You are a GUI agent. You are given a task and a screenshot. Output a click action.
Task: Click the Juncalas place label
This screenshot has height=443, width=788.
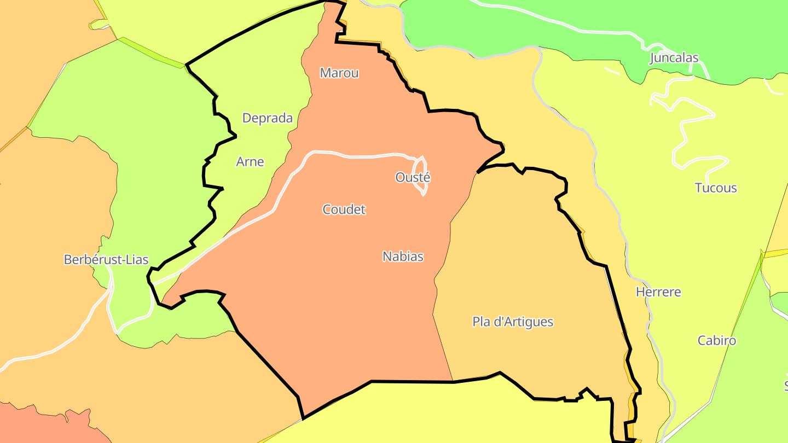[674, 58]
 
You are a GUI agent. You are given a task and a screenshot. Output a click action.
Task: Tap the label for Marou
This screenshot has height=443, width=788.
[339, 73]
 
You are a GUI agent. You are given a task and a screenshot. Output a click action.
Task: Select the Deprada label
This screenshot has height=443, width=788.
[267, 118]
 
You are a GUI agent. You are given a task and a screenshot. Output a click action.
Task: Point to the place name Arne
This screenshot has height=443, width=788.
[250, 162]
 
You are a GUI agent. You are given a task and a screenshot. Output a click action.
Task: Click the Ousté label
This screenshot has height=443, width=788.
[413, 178]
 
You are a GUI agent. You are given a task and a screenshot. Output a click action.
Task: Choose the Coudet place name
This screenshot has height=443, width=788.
[344, 209]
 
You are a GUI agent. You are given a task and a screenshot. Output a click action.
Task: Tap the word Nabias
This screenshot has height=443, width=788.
[403, 257]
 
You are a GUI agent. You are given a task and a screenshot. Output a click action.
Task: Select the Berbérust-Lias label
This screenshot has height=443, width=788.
[106, 260]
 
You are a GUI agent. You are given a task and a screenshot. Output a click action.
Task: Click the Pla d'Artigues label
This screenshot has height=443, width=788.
[513, 322]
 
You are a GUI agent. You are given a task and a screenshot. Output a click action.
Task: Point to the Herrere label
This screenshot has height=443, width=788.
[658, 292]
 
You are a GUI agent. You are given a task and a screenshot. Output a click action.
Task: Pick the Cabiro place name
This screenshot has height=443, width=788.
[716, 341]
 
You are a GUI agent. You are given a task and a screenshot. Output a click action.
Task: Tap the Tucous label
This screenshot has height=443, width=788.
[716, 188]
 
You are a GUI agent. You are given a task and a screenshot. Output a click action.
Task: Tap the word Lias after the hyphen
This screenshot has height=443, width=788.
[137, 260]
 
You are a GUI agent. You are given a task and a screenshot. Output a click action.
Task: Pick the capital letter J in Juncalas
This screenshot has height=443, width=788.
[653, 58]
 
